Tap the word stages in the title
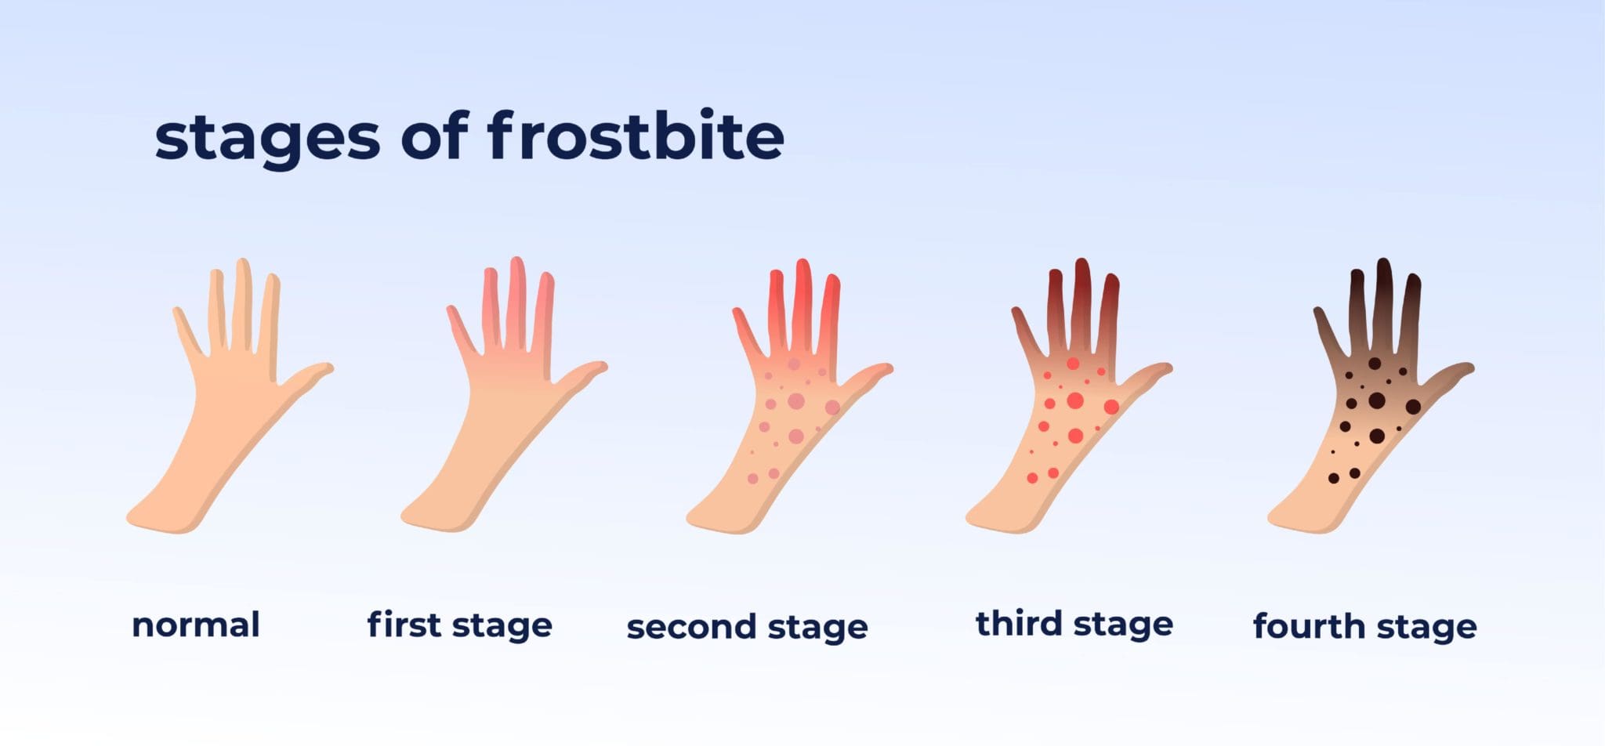(x=267, y=139)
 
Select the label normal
(x=196, y=625)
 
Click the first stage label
(x=460, y=625)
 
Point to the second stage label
(x=747, y=627)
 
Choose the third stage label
(x=1074, y=624)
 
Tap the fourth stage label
(x=1364, y=626)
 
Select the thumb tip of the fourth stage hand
(x=1469, y=368)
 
